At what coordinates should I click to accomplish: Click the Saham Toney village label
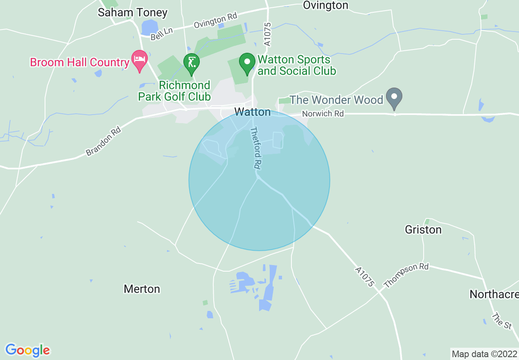[133, 13]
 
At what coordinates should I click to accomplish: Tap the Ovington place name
[325, 5]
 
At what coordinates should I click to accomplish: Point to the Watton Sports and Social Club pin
[247, 63]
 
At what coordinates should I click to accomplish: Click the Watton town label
[253, 112]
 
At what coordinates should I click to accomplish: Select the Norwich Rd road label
[323, 114]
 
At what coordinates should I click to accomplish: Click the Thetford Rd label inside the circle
[255, 148]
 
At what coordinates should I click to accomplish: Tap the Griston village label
[423, 229]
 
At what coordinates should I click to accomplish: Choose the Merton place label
[142, 289]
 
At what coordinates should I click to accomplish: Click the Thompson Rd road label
[406, 275]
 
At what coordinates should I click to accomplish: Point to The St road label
[502, 321]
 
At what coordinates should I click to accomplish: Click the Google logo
[27, 350]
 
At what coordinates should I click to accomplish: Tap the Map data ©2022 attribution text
[484, 353]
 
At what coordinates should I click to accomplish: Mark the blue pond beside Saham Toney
[149, 27]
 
